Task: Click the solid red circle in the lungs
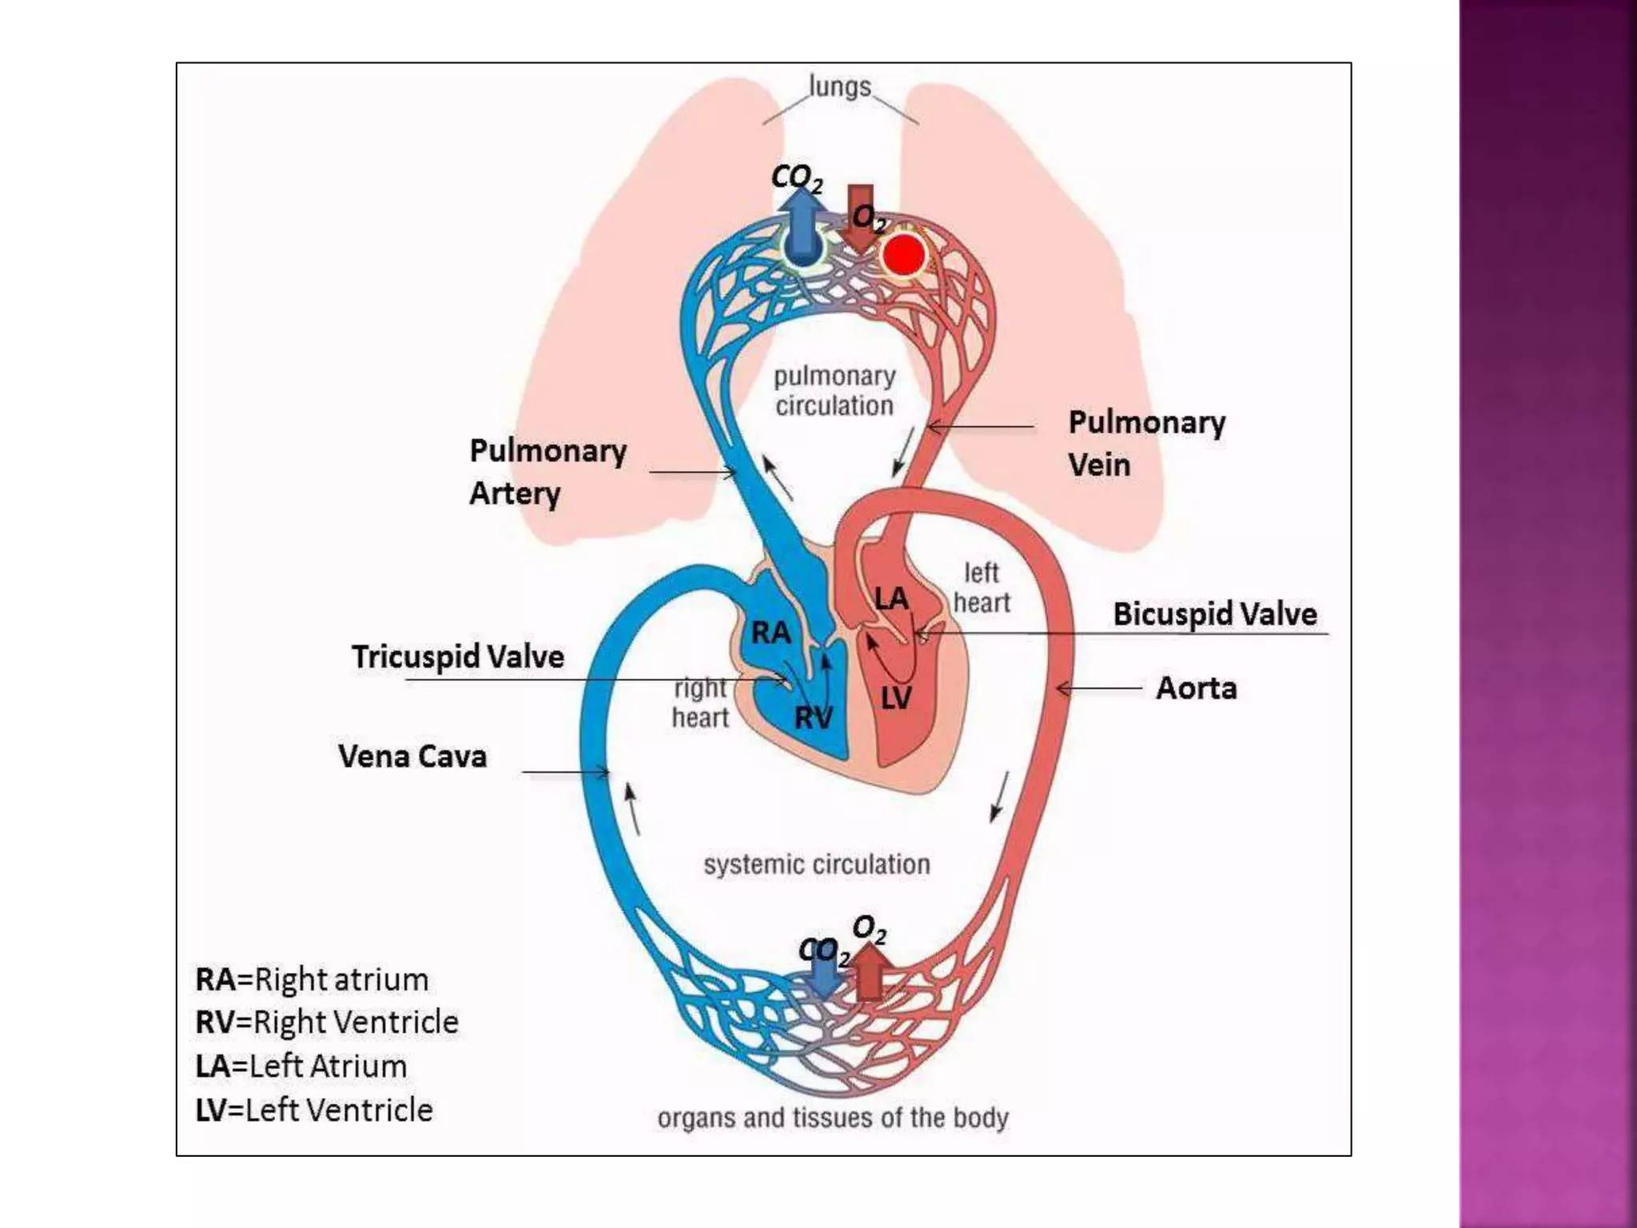(x=903, y=256)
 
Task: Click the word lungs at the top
(x=839, y=86)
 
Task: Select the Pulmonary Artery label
(x=548, y=472)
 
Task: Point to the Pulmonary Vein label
(x=1145, y=443)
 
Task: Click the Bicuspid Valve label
(x=1214, y=614)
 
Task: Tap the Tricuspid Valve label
(x=458, y=656)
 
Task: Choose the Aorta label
(x=1196, y=688)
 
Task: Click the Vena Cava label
(x=412, y=756)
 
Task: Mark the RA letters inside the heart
(x=771, y=633)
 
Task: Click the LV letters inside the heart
(x=896, y=699)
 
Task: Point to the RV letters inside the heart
(x=813, y=718)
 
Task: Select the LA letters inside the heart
(x=890, y=598)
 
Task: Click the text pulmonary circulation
(x=834, y=391)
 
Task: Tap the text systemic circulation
(x=816, y=864)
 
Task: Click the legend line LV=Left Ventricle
(x=314, y=1110)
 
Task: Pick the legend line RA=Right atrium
(x=312, y=979)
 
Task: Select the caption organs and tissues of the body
(x=832, y=1117)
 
